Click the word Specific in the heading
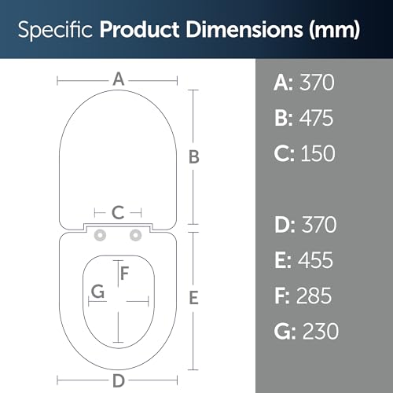55,30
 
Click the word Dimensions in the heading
244,29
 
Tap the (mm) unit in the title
335,30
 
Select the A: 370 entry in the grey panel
304,83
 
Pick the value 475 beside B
316,118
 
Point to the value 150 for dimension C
318,153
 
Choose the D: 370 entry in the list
306,225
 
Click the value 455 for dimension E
315,260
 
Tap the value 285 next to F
314,296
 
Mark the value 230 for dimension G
321,331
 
